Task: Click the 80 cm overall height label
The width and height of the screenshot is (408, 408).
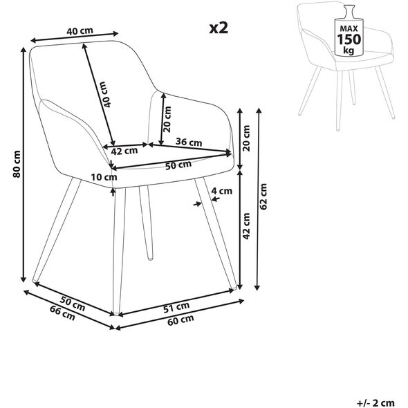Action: point(17,164)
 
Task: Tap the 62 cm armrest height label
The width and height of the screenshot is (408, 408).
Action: point(263,196)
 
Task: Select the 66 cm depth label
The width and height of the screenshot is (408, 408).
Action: point(62,313)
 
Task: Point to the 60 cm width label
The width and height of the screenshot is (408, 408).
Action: point(180,320)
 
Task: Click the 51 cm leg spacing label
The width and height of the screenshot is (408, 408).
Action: point(176,307)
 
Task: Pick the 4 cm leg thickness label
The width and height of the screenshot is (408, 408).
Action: point(221,192)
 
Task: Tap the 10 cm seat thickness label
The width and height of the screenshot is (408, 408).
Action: point(104,178)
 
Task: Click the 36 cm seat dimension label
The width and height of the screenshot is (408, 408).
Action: point(189,142)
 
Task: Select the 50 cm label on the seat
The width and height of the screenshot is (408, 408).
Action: point(178,165)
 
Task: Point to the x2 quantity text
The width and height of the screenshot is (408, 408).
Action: point(219,28)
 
